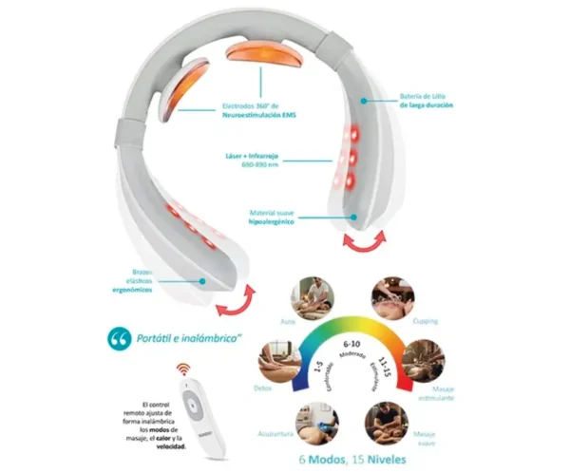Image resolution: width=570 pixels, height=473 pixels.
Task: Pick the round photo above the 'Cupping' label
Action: pos(390,295)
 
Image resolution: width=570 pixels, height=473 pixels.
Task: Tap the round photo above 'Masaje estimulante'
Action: pos(421,359)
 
